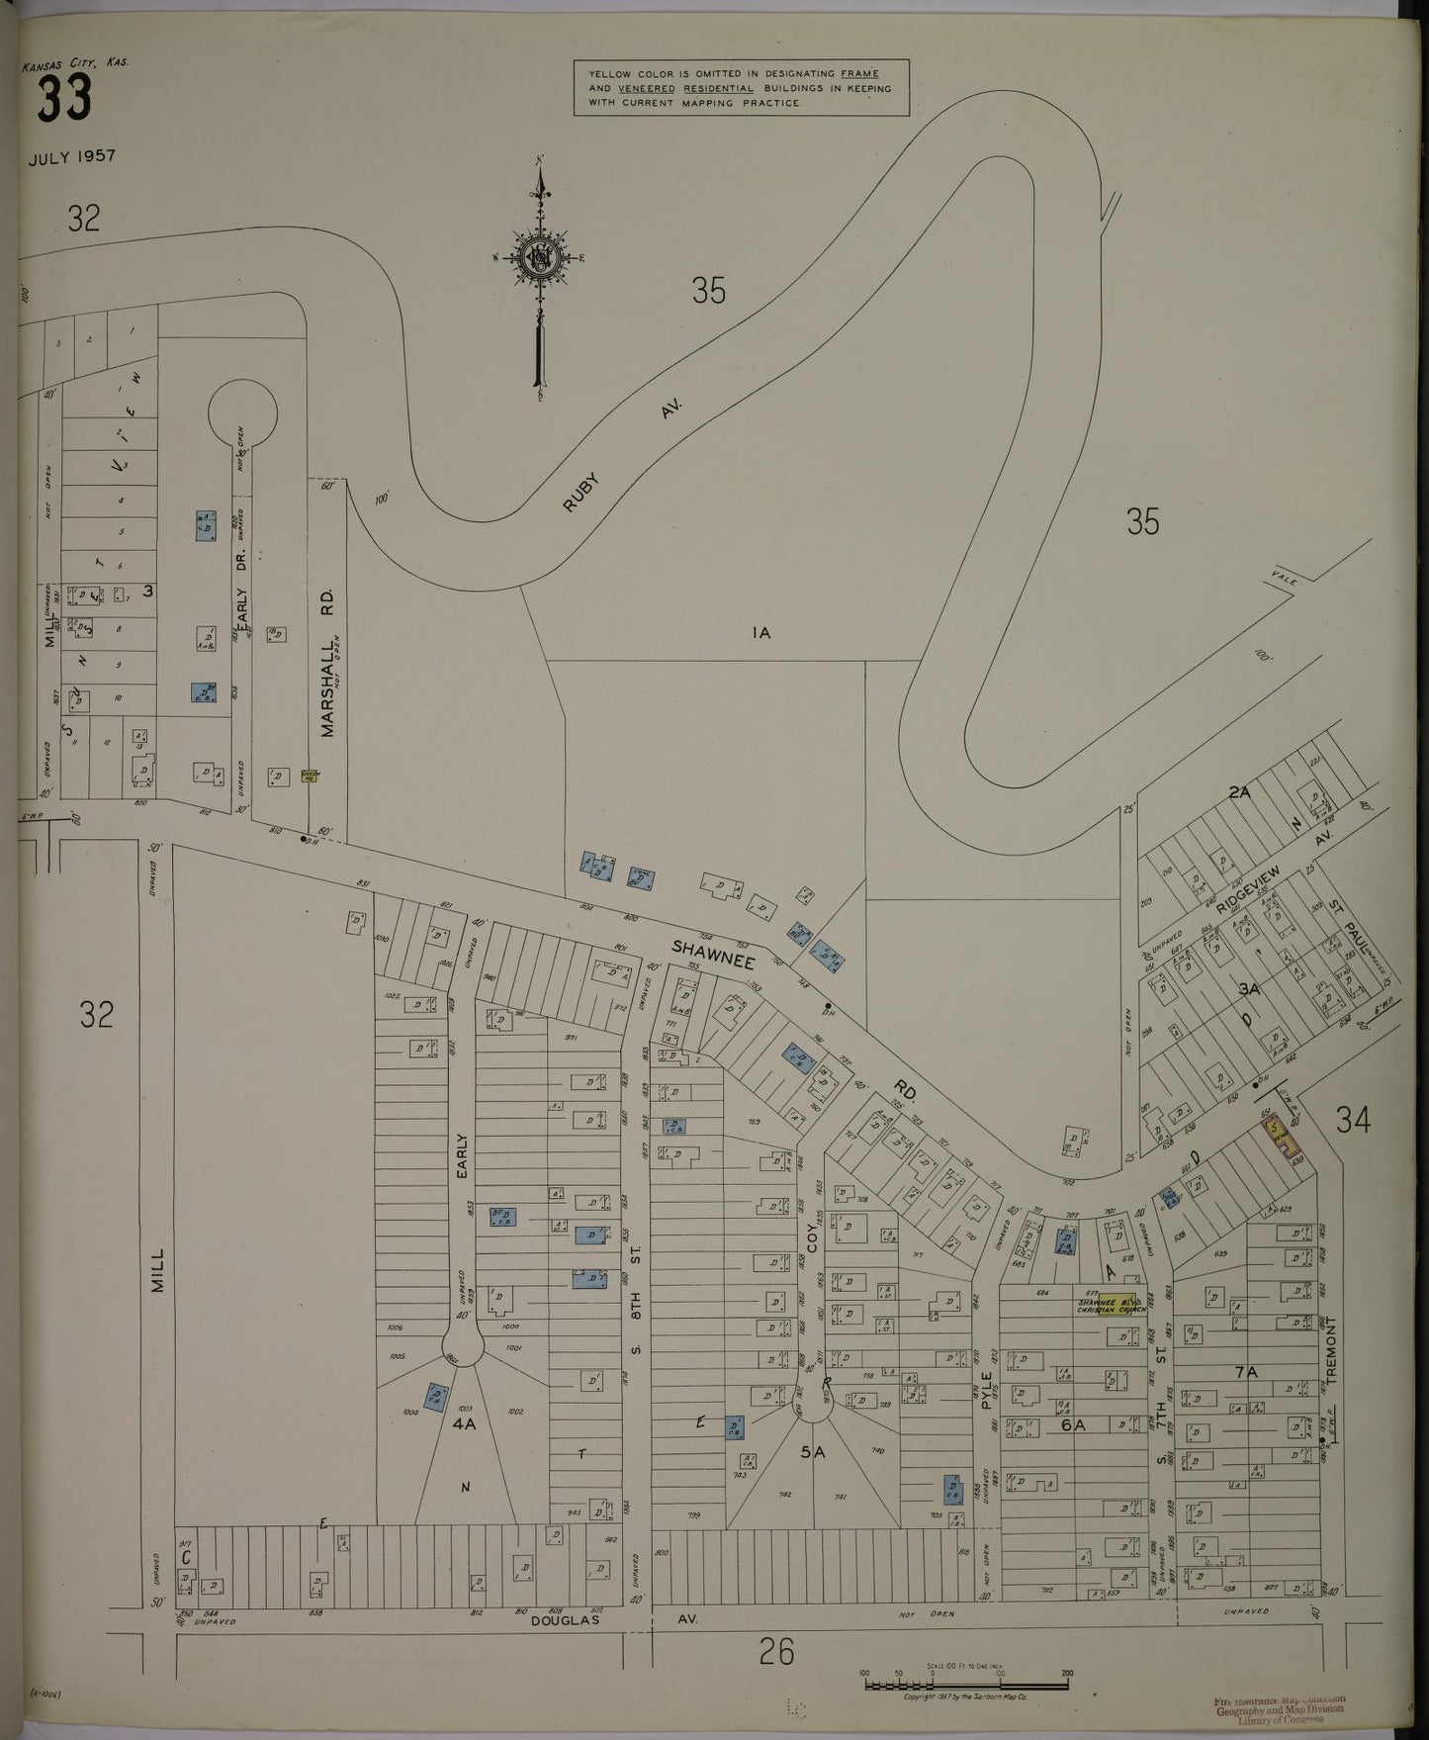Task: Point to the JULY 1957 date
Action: [x=72, y=156]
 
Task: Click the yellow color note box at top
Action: [x=742, y=87]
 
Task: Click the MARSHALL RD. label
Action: [x=328, y=663]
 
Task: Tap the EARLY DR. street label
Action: [x=241, y=603]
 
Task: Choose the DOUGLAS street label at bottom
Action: [x=566, y=1621]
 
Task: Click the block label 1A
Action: [x=759, y=634]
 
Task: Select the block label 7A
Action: [x=1246, y=1372]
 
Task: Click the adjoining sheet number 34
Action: [x=1353, y=1120]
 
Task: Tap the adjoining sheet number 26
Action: [x=776, y=1651]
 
